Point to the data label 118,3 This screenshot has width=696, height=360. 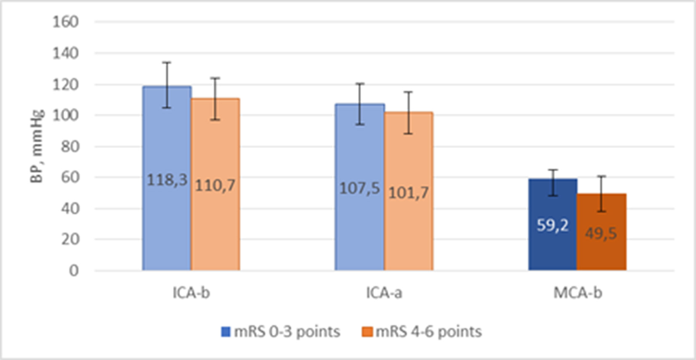coord(167,180)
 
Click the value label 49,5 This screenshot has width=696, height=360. coord(601,233)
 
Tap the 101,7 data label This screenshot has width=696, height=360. coord(408,193)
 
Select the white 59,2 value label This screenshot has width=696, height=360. coord(553,225)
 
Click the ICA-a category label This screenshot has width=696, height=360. coord(384,293)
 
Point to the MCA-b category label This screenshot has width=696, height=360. coord(577,293)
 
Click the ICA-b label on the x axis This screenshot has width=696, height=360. coord(191,293)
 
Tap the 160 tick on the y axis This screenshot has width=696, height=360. coord(65,21)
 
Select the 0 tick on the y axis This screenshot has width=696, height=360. coord(74,270)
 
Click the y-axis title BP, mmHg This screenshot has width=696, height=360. coord(37,146)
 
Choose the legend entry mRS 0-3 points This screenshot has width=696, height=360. coord(286,331)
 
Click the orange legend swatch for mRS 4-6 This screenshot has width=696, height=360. coord(367,332)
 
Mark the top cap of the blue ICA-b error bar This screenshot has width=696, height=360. coord(167,62)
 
